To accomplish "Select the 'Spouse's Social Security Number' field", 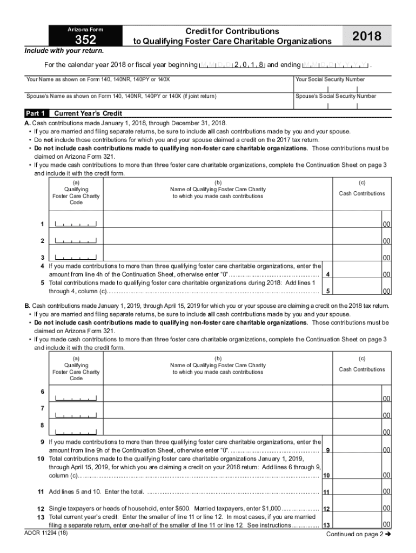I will (x=341, y=104).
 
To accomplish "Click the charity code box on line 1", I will (x=76, y=224).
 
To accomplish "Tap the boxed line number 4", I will (x=328, y=274).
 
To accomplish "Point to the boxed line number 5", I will (x=328, y=292).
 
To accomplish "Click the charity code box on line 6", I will (x=76, y=398).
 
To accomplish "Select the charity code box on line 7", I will (x=76, y=415).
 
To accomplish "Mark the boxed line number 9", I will (x=328, y=450).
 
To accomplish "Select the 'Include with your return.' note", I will (x=60, y=52).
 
